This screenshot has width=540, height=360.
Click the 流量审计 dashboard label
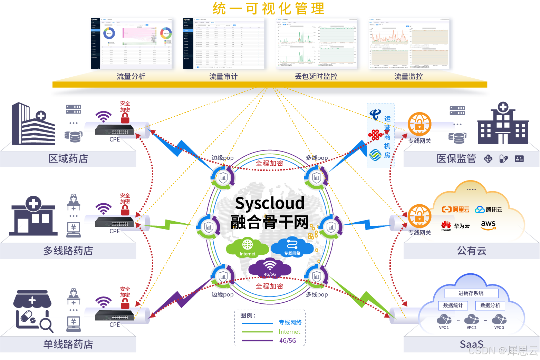tap(223, 76)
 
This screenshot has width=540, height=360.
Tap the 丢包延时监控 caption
tap(316, 76)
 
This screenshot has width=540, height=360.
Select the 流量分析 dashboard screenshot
tap(131, 43)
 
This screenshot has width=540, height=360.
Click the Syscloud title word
tap(270, 203)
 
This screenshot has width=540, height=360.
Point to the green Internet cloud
tap(247, 247)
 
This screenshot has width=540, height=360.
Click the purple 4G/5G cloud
tap(270, 267)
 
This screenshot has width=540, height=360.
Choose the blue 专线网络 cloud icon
tap(292, 246)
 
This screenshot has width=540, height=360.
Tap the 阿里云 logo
tap(455, 210)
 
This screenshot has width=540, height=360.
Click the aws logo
tap(488, 225)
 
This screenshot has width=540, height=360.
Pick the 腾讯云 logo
tap(489, 210)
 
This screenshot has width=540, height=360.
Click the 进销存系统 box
tap(471, 293)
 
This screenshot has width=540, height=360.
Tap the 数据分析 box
tap(490, 305)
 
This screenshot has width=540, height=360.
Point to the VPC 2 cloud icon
tap(471, 320)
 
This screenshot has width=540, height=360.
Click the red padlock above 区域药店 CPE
tap(125, 119)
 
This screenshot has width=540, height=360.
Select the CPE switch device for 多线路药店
tap(114, 222)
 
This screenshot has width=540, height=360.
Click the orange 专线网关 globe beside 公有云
tap(420, 216)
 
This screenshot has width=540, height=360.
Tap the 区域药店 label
tap(68, 158)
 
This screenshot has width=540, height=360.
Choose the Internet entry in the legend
tap(289, 332)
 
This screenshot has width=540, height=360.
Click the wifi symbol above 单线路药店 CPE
tap(104, 302)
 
